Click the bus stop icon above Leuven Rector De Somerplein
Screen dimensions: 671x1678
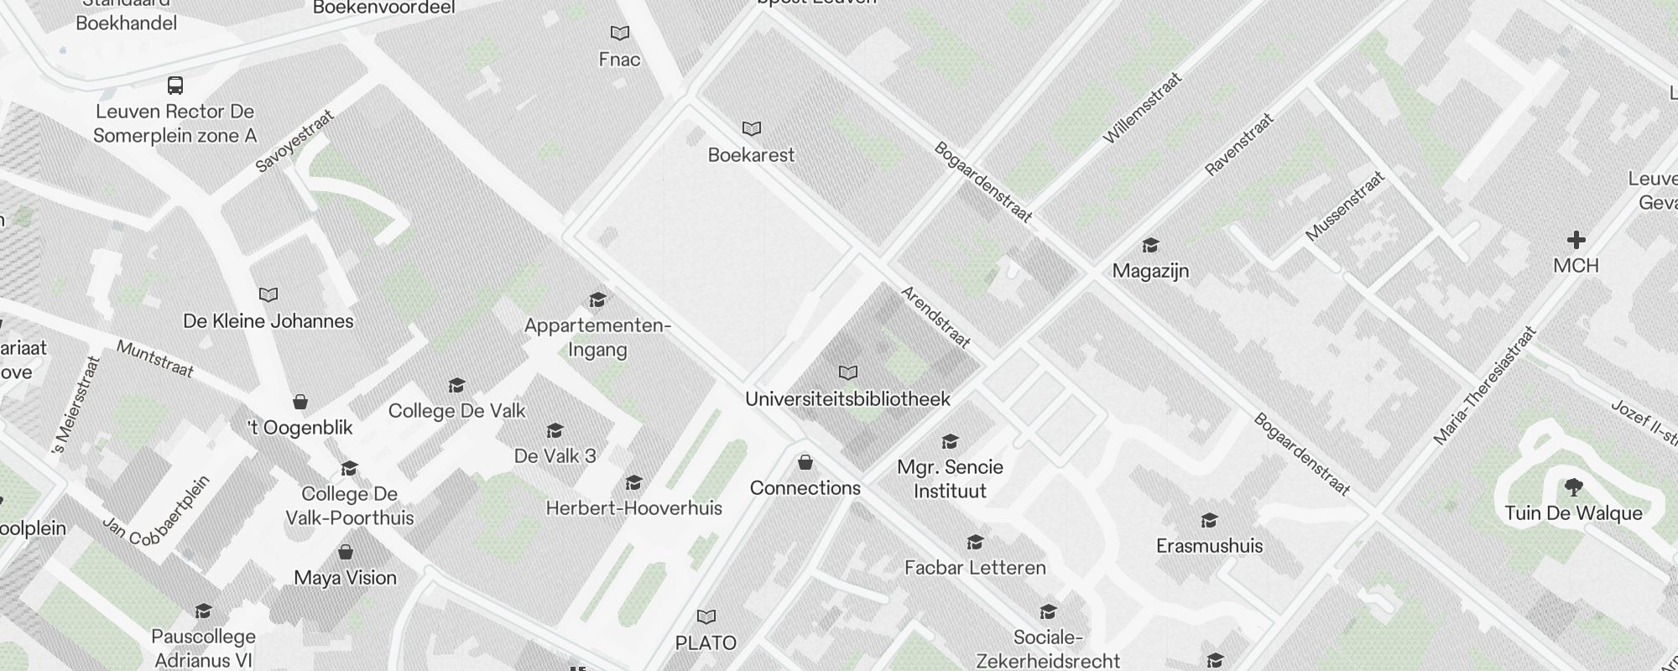tap(175, 86)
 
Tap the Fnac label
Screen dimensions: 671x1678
tap(619, 60)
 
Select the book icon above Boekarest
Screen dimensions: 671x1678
tap(752, 129)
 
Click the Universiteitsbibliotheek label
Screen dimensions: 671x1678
tap(847, 399)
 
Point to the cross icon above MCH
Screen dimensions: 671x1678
tap(1576, 241)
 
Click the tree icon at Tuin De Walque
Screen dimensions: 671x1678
tap(1574, 487)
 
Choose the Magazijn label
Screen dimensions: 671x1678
tap(1150, 271)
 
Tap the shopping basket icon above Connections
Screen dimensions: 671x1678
tap(805, 462)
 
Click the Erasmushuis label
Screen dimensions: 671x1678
tap(1209, 546)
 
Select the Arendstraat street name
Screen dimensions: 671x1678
tap(935, 317)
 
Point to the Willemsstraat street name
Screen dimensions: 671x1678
tap(1142, 108)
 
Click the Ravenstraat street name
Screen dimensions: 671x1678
tap(1239, 144)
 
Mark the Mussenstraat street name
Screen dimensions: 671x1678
tap(1344, 206)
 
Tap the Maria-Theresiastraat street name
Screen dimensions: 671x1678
tap(1484, 385)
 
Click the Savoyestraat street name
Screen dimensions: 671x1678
tap(294, 141)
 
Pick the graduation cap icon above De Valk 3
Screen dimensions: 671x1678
tap(555, 431)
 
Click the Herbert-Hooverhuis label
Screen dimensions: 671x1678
tap(633, 508)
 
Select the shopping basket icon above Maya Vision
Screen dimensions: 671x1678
tap(345, 552)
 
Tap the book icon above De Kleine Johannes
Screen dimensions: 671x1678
tap(268, 295)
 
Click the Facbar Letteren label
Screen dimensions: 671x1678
tap(975, 568)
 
